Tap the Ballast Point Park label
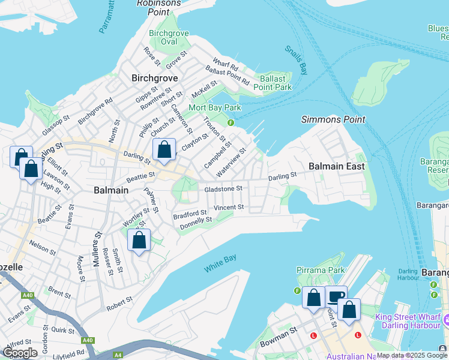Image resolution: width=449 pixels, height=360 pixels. (x=276, y=83)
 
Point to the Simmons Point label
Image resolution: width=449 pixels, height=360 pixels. (x=333, y=119)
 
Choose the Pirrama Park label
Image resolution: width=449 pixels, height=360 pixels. (x=319, y=271)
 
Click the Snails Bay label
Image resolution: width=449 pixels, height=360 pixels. (x=296, y=61)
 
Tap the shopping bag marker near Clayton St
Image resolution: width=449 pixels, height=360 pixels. (x=164, y=150)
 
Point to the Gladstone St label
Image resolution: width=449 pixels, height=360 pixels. (x=223, y=188)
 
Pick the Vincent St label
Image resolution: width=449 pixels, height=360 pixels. (x=229, y=208)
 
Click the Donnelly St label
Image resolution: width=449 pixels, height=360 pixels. (x=196, y=223)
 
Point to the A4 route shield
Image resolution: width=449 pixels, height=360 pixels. (x=118, y=355)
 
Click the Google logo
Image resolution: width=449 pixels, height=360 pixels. (x=20, y=353)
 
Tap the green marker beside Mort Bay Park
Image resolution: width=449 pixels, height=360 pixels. (x=231, y=123)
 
